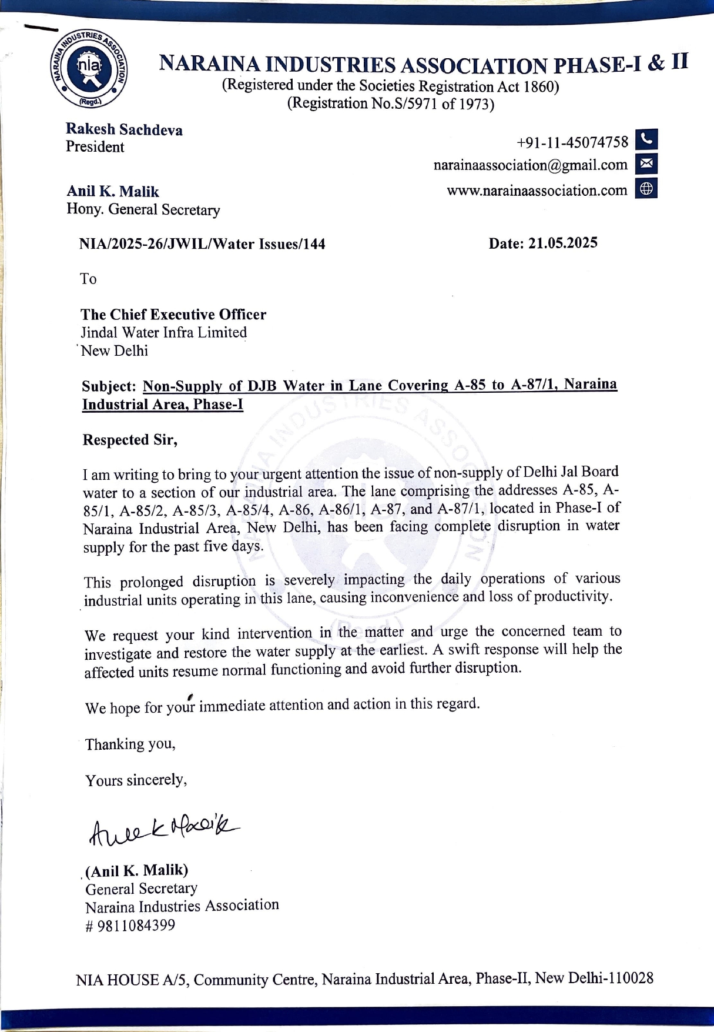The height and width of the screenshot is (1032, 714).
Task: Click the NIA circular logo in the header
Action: point(89,68)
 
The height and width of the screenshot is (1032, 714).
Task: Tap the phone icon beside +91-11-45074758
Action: point(646,140)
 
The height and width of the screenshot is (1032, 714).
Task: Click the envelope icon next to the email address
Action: point(646,164)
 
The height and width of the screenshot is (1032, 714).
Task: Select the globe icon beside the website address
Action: point(646,189)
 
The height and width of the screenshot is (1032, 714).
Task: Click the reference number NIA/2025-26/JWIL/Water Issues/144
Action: point(202,244)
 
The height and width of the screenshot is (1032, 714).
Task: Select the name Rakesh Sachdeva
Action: point(124,129)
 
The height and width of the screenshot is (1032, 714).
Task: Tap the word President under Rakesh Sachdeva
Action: point(95,147)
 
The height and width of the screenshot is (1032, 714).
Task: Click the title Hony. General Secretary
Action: point(143,209)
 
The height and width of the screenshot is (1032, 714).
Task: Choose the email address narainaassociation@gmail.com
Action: point(530,165)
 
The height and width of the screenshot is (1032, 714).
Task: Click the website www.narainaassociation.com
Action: point(537,191)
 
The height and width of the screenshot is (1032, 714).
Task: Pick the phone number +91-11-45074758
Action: point(572,142)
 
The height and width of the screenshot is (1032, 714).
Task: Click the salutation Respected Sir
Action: point(130,440)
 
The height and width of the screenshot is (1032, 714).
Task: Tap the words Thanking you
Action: point(130,744)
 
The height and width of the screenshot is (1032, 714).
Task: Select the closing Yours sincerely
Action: point(136,780)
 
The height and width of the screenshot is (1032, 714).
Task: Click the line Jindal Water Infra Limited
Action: point(163,332)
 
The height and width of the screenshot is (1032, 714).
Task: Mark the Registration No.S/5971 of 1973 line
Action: point(390,104)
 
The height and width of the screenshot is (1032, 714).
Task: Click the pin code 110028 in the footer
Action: point(632,978)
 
